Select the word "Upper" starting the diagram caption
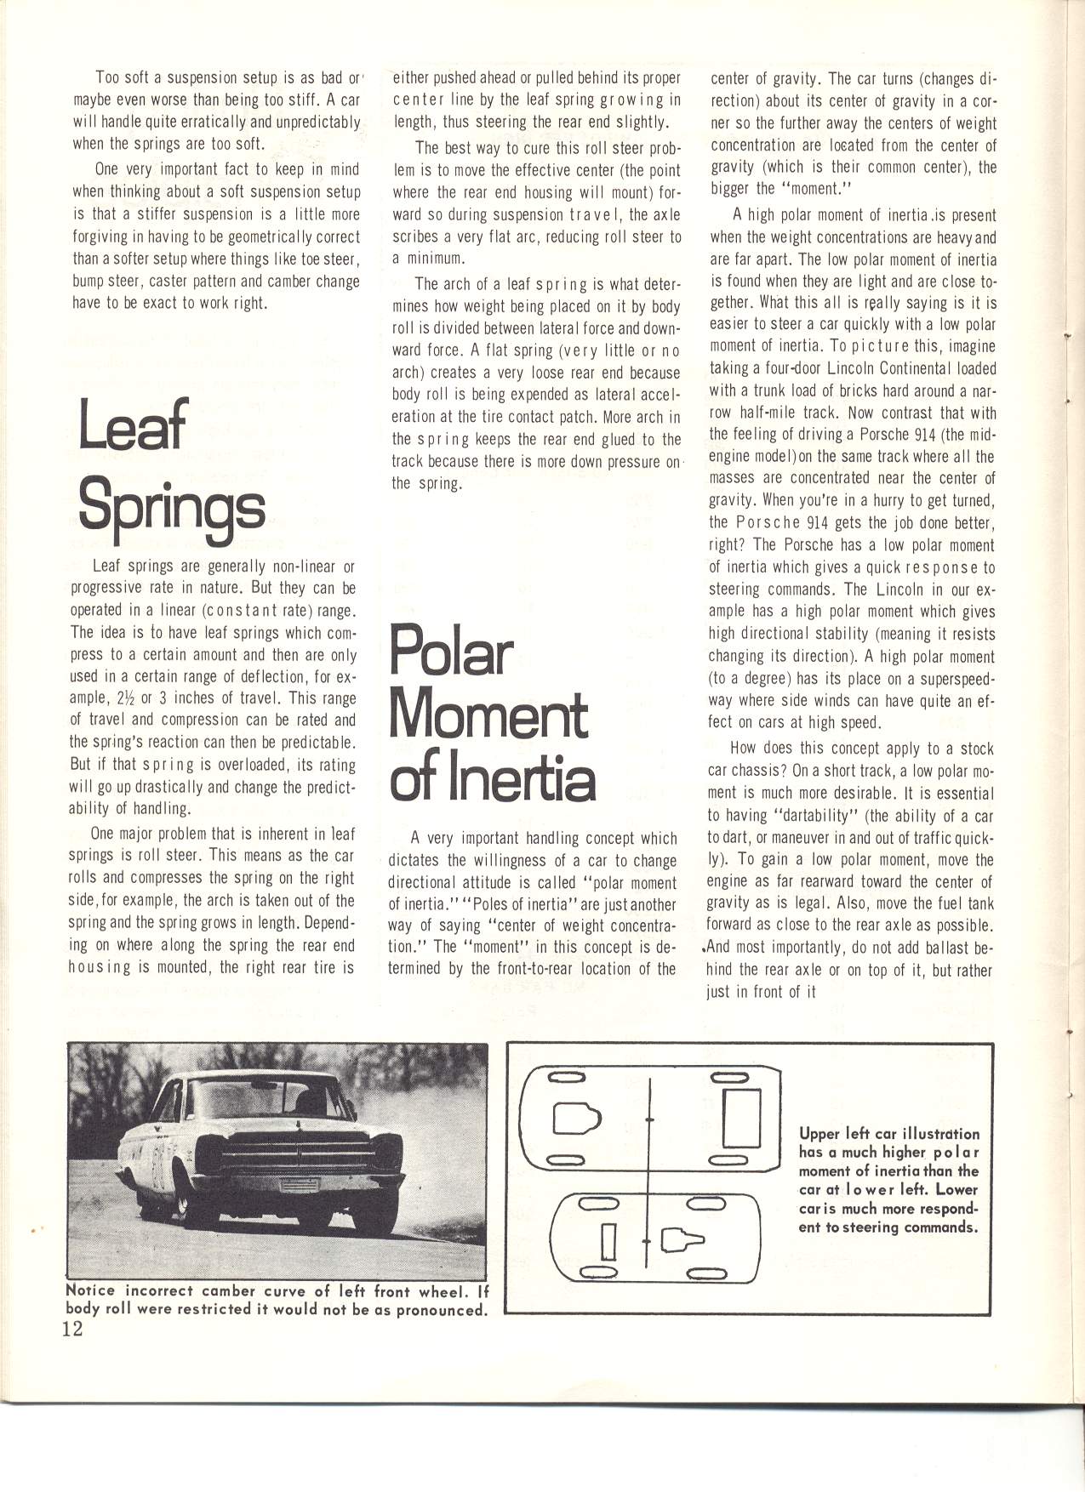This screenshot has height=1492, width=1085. coord(819,1134)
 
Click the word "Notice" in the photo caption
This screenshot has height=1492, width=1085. coord(93,1290)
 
